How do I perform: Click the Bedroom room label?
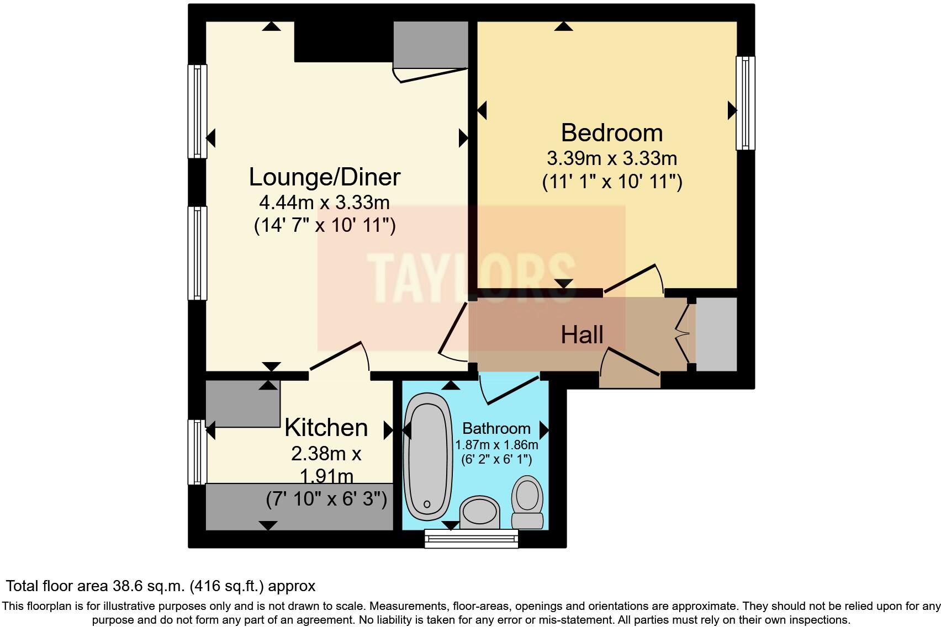[x=611, y=133]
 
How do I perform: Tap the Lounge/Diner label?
[x=324, y=177]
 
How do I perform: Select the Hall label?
[x=581, y=335]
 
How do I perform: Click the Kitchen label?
[x=326, y=428]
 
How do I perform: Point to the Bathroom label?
[x=496, y=428]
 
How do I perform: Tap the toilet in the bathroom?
[x=527, y=502]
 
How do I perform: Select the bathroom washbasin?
[x=480, y=512]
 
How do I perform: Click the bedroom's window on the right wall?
[x=745, y=103]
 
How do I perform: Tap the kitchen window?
[x=197, y=451]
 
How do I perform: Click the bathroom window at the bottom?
[x=471, y=538]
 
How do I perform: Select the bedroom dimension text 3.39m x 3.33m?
[x=611, y=159]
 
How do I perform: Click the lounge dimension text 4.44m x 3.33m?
[x=324, y=203]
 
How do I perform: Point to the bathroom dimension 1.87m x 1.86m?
[x=496, y=445]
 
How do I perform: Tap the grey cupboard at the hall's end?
[x=716, y=334]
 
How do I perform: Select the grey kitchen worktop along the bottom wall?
[x=299, y=507]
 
